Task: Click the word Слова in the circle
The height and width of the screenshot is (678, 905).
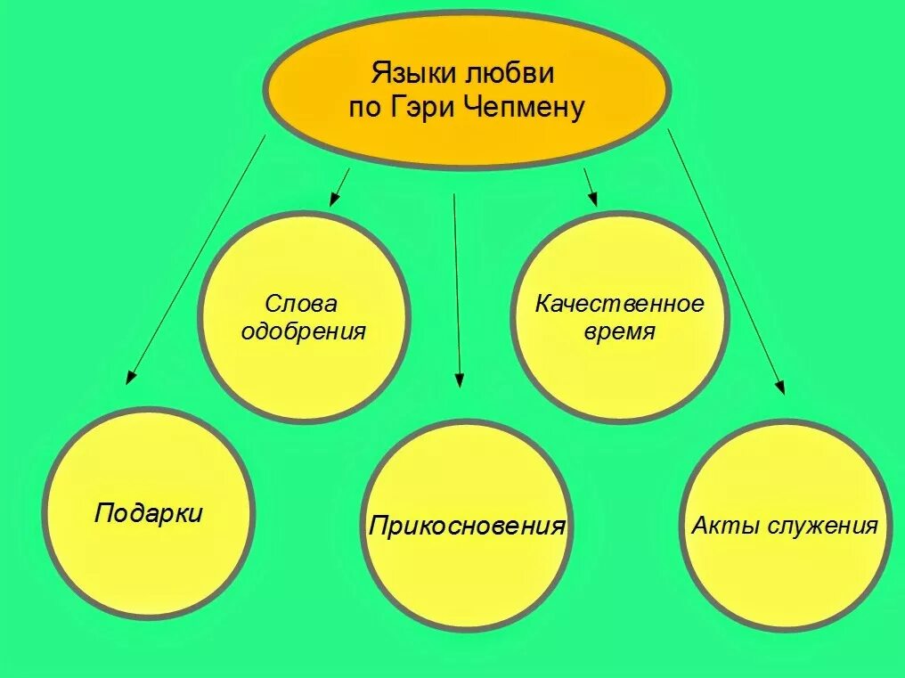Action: [x=302, y=304]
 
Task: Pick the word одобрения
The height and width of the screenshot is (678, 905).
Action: [x=304, y=332]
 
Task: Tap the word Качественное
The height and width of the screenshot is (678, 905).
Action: [x=619, y=304]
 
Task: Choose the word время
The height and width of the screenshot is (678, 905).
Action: [x=620, y=332]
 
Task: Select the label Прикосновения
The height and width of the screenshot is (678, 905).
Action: [x=467, y=525]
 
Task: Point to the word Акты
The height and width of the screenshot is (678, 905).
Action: [x=719, y=525]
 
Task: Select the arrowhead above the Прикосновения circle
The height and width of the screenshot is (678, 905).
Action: [x=459, y=380]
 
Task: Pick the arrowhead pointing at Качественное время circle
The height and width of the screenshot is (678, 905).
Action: [x=591, y=200]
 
